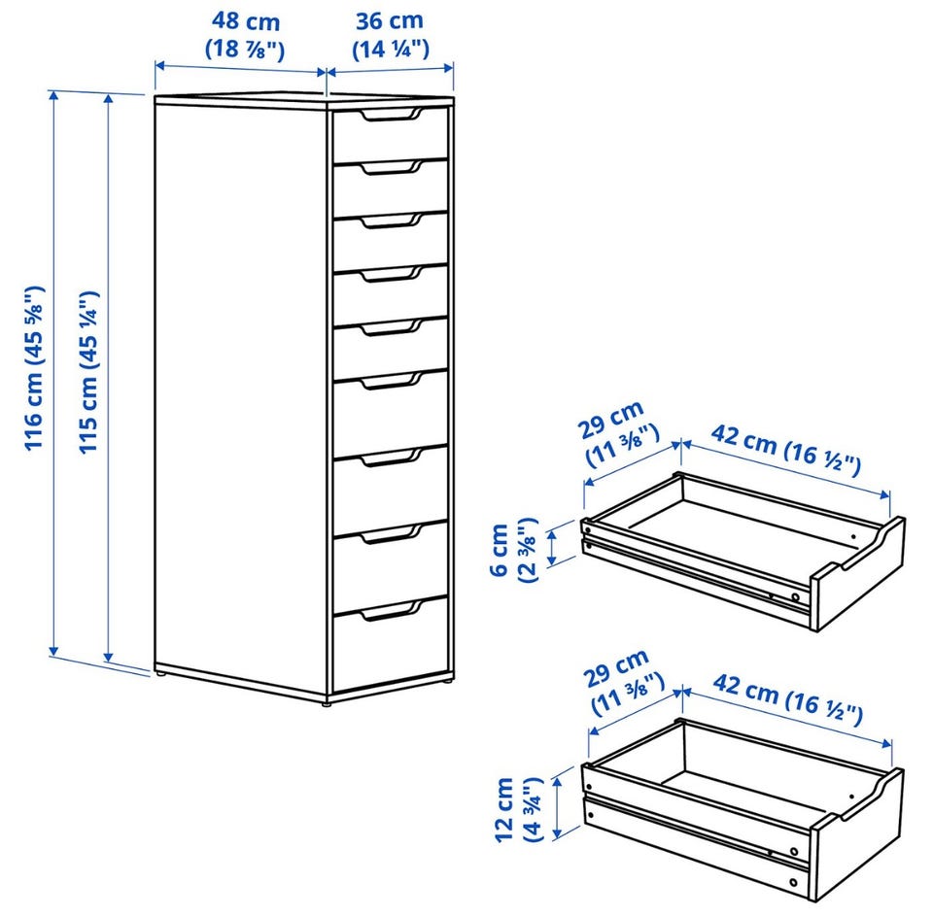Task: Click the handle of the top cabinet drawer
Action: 391,115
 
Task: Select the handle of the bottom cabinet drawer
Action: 391,611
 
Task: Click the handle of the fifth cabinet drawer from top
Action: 391,327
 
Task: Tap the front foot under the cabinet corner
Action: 327,703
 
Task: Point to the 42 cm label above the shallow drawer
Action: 786,450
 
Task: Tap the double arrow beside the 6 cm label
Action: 553,548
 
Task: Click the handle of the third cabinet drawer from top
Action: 391,221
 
